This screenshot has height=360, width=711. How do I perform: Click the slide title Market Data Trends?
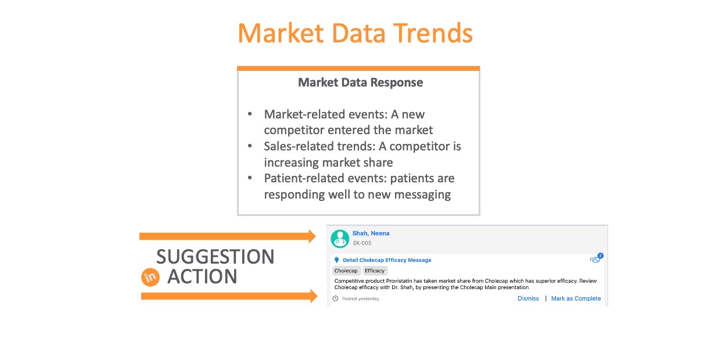(x=355, y=33)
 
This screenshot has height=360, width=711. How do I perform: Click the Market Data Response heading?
(x=360, y=82)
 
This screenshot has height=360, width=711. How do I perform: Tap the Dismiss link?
(x=528, y=298)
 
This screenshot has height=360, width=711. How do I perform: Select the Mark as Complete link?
(x=576, y=298)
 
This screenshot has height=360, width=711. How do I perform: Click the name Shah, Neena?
(x=371, y=233)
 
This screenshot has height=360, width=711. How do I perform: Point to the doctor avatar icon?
(x=340, y=239)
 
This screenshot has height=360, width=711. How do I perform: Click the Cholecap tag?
(x=346, y=271)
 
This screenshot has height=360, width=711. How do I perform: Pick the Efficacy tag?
(x=375, y=271)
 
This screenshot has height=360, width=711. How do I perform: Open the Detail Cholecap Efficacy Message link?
(x=387, y=260)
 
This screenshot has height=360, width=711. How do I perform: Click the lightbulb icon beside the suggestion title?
(x=336, y=260)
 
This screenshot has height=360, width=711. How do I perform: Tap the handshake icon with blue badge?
(x=596, y=259)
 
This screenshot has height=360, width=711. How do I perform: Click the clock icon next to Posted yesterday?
(x=336, y=298)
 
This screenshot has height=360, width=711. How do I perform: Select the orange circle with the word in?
(x=150, y=277)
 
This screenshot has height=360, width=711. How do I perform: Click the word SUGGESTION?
(x=216, y=257)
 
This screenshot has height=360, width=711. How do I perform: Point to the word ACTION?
(x=202, y=276)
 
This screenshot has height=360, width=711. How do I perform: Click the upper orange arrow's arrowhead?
(x=312, y=236)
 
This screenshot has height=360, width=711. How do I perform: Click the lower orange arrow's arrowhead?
(x=314, y=296)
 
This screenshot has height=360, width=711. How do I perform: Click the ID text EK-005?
(x=362, y=243)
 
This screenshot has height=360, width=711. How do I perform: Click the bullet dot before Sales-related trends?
(x=250, y=146)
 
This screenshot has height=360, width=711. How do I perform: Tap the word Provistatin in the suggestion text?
(x=399, y=281)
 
